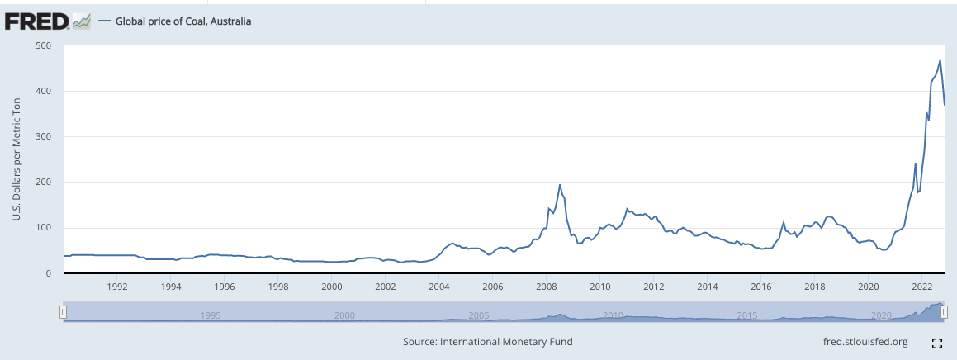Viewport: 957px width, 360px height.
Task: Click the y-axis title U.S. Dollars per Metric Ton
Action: tap(16, 159)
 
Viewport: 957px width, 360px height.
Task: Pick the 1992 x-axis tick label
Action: tap(116, 287)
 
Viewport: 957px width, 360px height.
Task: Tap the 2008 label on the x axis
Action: tap(546, 287)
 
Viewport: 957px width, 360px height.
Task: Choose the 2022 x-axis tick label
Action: tap(921, 287)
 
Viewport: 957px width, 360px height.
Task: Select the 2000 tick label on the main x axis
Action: tap(331, 287)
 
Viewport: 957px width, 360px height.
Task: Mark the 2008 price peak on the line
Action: tap(560, 185)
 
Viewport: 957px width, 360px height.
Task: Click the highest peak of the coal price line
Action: tap(940, 60)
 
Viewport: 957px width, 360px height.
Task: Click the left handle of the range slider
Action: tap(63, 311)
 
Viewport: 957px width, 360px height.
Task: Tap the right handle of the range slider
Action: tap(945, 311)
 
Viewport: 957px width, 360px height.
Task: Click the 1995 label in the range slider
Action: tap(211, 315)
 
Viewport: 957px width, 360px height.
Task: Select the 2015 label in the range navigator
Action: tap(747, 315)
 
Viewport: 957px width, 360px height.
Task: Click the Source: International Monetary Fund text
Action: tap(487, 341)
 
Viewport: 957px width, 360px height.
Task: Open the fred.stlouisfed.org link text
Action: tap(865, 341)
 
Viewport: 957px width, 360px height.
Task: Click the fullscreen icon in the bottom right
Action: tap(937, 342)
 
